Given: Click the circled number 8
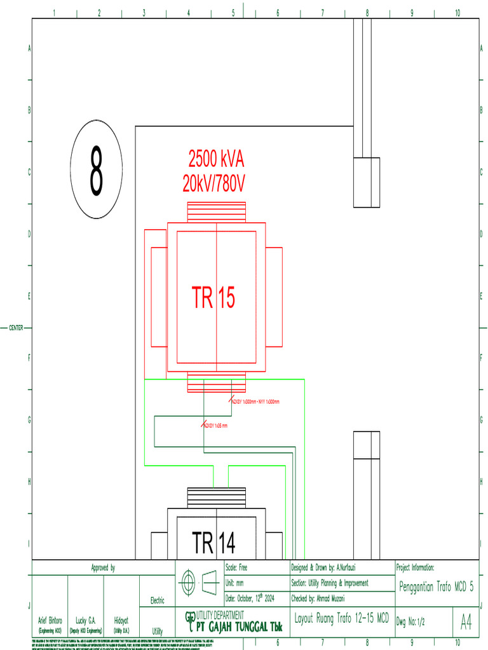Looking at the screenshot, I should tap(97, 169).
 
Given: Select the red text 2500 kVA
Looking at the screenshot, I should tap(216, 157).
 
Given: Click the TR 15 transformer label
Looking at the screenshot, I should tap(213, 298).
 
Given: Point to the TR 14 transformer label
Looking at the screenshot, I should tap(214, 543).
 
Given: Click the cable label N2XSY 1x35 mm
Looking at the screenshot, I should tap(215, 426).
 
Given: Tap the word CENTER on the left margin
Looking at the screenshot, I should tap(16, 328).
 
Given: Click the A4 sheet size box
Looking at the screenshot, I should tap(466, 623).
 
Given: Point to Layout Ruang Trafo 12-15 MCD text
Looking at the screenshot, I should tap(342, 618).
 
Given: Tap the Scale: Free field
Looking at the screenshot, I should tap(237, 567).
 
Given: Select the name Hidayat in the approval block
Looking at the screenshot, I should tap(122, 620).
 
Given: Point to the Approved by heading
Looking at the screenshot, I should tap(103, 567).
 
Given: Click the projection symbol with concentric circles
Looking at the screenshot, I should tap(188, 582).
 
